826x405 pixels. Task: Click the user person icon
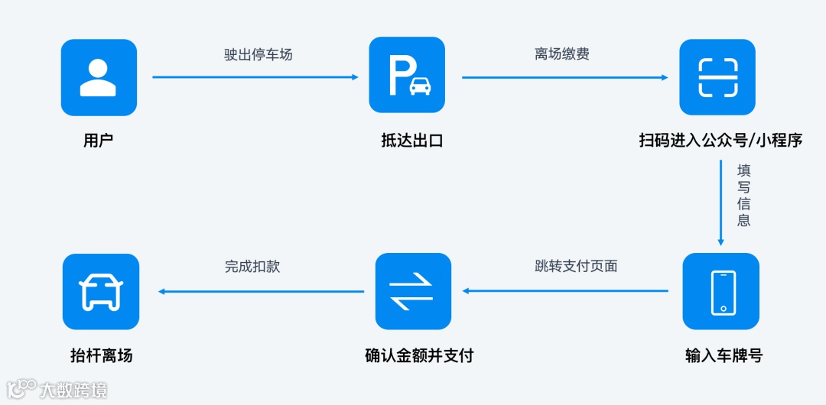click(99, 77)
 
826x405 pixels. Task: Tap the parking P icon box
click(407, 75)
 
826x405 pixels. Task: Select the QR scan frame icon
click(717, 77)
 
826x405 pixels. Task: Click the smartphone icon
click(721, 291)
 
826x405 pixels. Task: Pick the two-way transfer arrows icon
click(413, 291)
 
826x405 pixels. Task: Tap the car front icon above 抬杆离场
click(101, 291)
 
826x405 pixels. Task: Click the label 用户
click(99, 141)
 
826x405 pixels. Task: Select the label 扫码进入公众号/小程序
click(720, 141)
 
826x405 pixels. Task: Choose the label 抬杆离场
click(101, 356)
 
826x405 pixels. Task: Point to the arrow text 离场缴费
click(562, 55)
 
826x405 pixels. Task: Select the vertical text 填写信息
click(743, 195)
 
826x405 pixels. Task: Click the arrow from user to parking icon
click(255, 77)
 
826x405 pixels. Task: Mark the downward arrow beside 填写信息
click(720, 202)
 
